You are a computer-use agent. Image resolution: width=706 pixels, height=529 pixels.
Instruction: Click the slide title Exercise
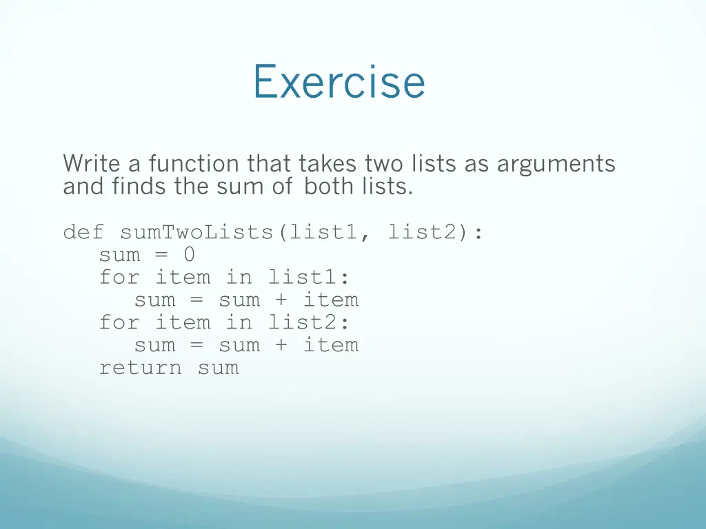click(x=339, y=81)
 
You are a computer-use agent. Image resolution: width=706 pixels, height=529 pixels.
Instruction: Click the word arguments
click(x=556, y=164)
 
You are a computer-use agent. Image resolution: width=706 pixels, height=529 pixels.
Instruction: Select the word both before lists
click(x=326, y=186)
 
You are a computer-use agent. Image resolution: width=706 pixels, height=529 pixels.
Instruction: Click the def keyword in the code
click(x=83, y=232)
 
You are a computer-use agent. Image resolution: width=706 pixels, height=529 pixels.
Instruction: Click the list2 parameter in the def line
click(x=429, y=232)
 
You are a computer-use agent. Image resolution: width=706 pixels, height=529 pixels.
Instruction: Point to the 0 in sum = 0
click(x=189, y=255)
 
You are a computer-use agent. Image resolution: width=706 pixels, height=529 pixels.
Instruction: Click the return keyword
click(x=141, y=368)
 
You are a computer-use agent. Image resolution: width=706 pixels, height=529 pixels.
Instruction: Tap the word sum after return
click(x=218, y=368)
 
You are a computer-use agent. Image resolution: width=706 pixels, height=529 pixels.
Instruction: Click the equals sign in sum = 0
click(x=161, y=255)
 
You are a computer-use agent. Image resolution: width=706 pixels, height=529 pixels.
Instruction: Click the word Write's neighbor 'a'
click(x=133, y=164)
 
